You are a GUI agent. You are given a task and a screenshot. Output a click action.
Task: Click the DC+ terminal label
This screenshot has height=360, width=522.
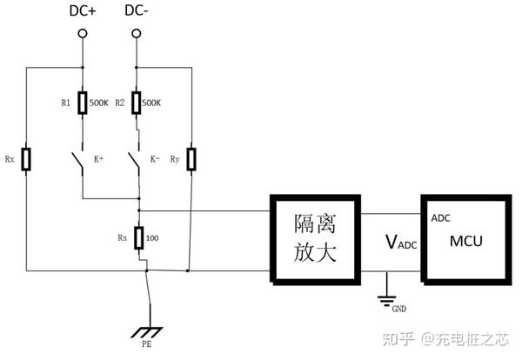tap(83, 10)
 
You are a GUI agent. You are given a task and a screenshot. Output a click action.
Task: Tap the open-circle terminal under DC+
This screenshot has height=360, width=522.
tap(83, 34)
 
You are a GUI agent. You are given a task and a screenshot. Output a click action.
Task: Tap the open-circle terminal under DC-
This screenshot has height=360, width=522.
tap(137, 34)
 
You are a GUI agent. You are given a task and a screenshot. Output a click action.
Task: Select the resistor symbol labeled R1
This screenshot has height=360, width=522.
tap(83, 103)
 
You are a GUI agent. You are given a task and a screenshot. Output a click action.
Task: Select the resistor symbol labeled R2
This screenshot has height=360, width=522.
tap(137, 103)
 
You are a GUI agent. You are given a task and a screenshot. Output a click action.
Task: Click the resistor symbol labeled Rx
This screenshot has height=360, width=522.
tap(27, 160)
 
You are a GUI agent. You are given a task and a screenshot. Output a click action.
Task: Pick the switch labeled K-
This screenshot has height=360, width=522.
tap(134, 161)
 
